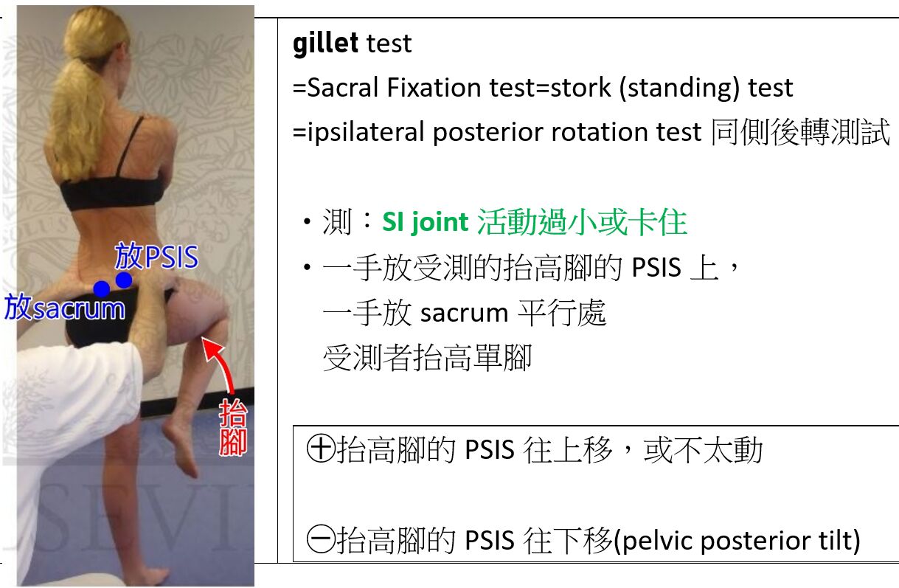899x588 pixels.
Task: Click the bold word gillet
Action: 325,44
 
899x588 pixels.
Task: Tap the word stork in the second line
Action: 580,88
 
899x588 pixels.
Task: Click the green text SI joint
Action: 425,222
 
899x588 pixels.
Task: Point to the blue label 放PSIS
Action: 156,256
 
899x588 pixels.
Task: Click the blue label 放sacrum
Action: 65,308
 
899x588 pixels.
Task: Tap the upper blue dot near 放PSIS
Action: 124,280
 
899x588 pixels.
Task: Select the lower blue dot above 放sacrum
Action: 102,289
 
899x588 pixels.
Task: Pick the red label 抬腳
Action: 233,427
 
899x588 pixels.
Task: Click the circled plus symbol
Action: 321,448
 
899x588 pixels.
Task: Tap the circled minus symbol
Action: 321,539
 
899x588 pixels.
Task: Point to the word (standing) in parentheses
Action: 679,89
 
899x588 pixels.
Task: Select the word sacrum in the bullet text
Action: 465,314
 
